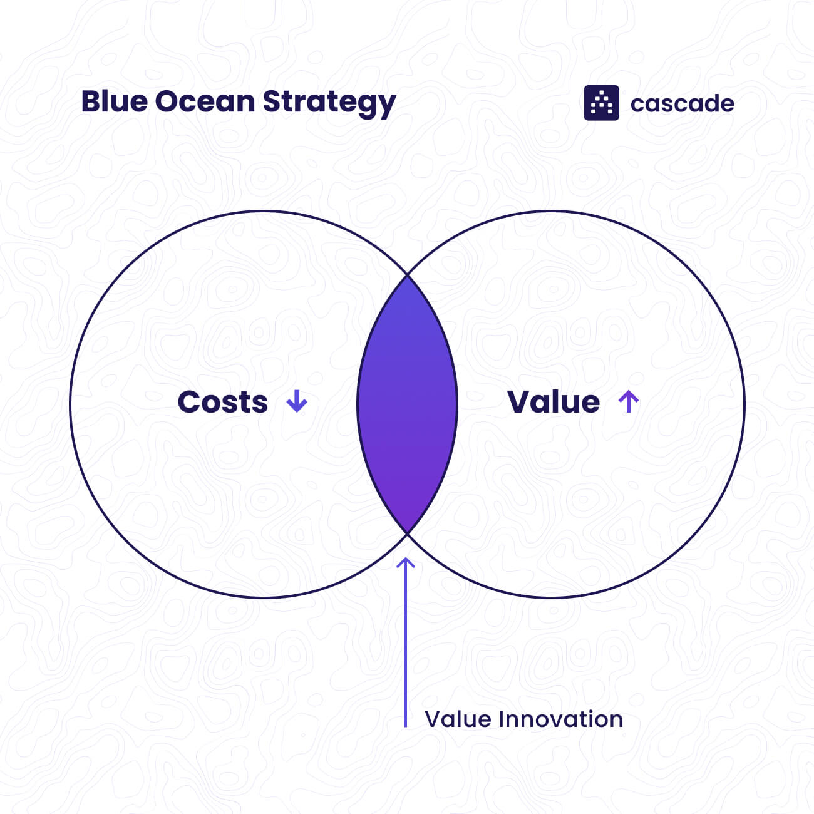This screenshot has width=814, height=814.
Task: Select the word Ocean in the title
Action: (x=204, y=101)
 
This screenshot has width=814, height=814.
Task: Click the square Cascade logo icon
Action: (x=601, y=103)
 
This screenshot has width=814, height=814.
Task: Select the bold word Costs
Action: (x=222, y=402)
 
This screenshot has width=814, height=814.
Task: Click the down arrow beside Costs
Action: (x=297, y=401)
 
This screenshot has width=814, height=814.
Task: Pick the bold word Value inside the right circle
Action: (x=554, y=402)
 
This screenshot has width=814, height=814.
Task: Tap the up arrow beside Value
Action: (x=628, y=401)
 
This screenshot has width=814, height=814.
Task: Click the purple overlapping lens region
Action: (x=407, y=404)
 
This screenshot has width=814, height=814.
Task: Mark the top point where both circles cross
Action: (x=407, y=274)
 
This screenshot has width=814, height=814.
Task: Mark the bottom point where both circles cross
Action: (x=407, y=533)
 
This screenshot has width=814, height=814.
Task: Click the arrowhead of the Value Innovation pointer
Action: (x=406, y=561)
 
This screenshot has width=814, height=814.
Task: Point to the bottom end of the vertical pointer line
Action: (x=406, y=726)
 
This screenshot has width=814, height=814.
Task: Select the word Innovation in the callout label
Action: (x=560, y=719)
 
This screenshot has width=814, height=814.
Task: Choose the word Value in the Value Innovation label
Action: (x=457, y=719)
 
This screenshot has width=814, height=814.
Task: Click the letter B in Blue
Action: (x=90, y=101)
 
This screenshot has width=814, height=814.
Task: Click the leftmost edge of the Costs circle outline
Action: (x=70, y=404)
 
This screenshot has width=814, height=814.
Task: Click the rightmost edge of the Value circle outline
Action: (x=744, y=404)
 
